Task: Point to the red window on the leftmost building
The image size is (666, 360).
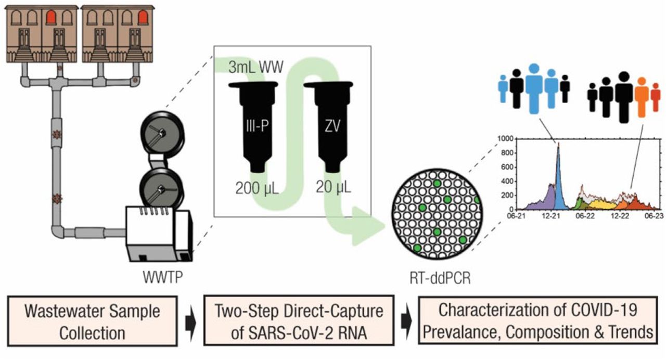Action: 52,18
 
